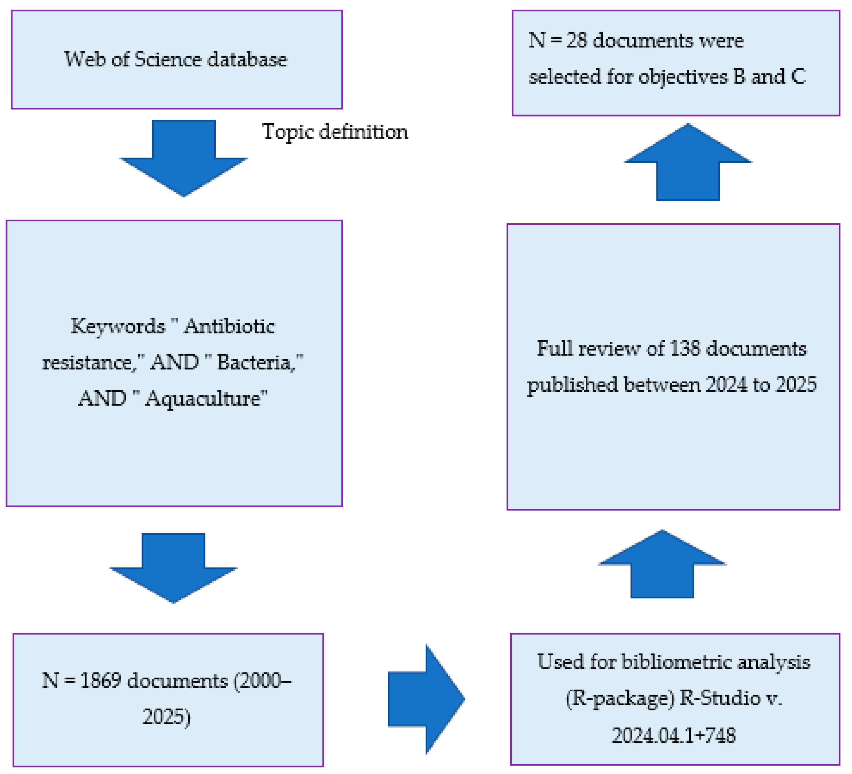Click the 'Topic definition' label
coord(335,132)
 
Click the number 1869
coord(101,681)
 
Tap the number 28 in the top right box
coord(576,40)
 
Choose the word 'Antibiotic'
coord(229,326)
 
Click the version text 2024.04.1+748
coord(674,735)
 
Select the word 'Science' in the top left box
coord(167,59)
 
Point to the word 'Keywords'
coord(118,326)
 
